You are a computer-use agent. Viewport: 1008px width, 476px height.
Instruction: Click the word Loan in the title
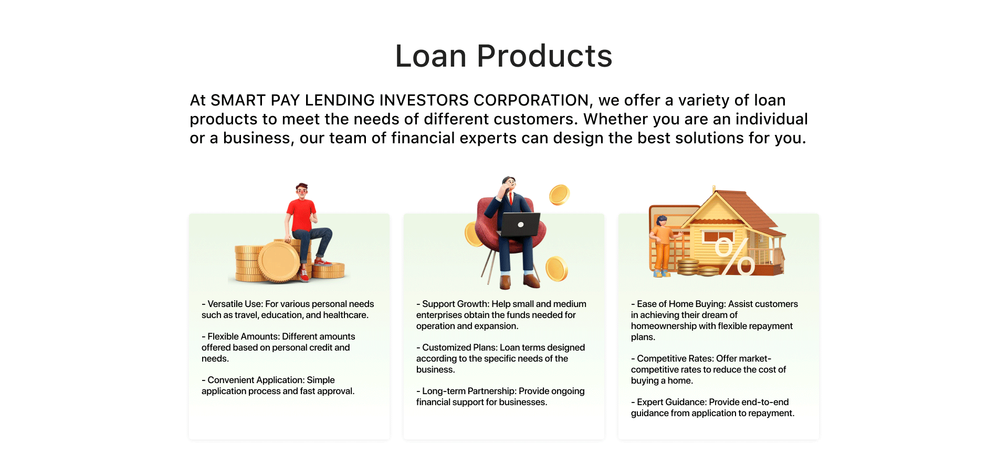431,56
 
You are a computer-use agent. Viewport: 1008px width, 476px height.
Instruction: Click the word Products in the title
544,56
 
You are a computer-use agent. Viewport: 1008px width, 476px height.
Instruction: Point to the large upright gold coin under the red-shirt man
279,261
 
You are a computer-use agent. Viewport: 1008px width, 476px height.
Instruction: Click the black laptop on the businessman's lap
520,225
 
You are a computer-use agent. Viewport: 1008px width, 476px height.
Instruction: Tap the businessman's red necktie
510,198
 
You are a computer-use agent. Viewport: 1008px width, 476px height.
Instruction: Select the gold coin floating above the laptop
559,195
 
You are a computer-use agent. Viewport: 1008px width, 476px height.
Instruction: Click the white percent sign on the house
734,256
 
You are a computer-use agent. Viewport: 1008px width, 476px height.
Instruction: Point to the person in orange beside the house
663,246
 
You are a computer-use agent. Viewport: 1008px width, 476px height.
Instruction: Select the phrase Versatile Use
234,304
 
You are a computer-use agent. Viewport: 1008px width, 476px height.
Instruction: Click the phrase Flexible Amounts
243,336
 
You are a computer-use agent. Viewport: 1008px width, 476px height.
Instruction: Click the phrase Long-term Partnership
469,391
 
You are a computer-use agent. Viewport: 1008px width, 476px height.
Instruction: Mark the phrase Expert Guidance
671,402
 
